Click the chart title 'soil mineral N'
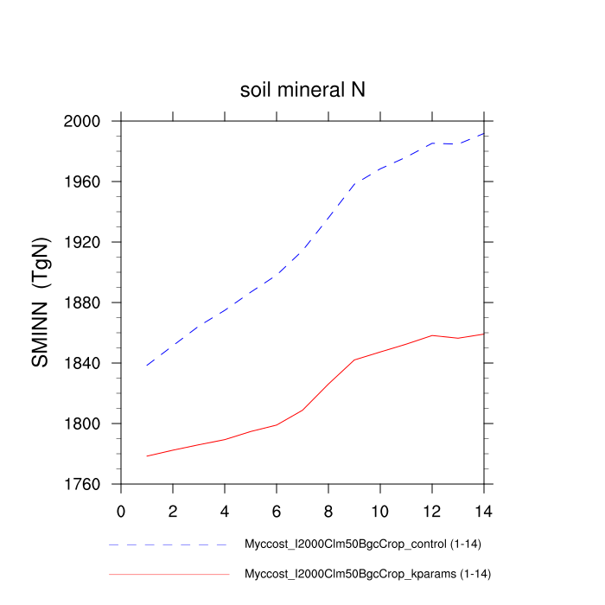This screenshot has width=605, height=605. click(302, 90)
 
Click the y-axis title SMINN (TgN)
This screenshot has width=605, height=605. click(41, 302)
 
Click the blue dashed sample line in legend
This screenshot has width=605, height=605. click(169, 545)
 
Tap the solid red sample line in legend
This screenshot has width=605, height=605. click(169, 574)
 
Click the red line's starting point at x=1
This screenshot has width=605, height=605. click(147, 455)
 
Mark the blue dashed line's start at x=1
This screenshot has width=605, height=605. click(147, 366)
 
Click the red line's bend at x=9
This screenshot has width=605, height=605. click(354, 360)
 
